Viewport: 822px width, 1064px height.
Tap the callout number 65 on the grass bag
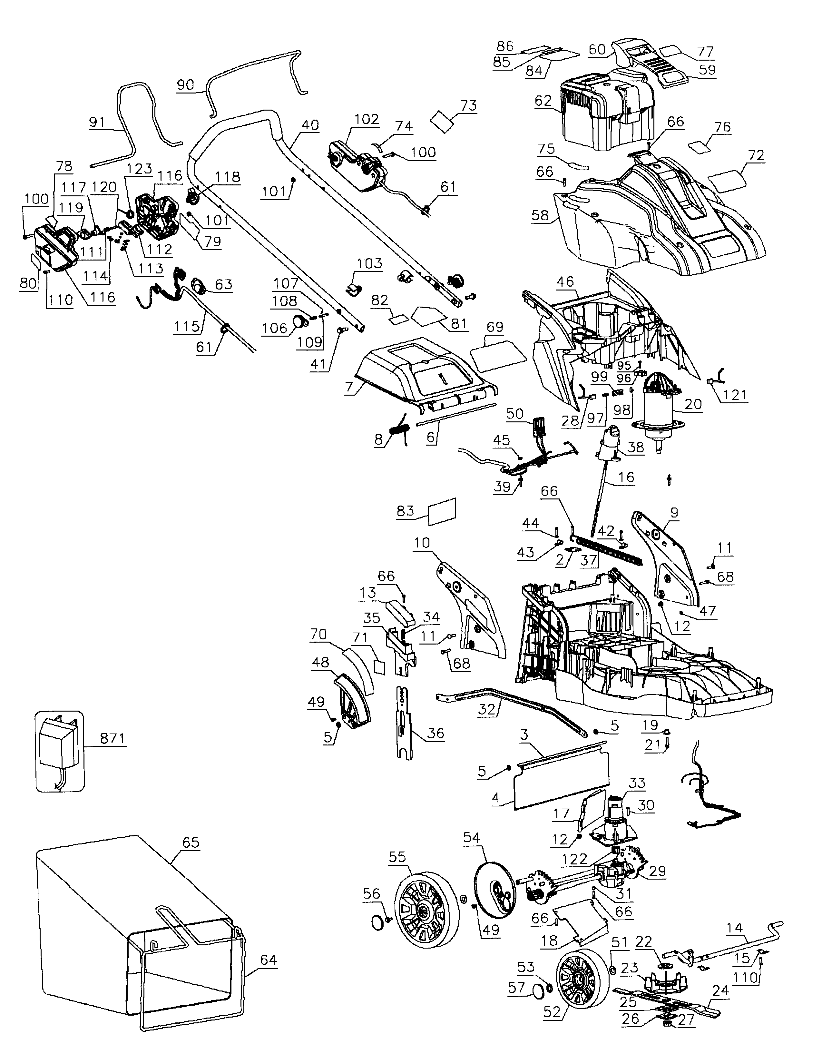pyautogui.click(x=191, y=842)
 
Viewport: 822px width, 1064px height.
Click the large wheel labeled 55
pyautogui.click(x=426, y=910)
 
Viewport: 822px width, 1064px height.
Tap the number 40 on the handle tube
pyautogui.click(x=310, y=125)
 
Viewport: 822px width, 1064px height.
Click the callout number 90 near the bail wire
pyautogui.click(x=185, y=84)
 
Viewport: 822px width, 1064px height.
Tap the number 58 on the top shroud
pyautogui.click(x=540, y=215)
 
